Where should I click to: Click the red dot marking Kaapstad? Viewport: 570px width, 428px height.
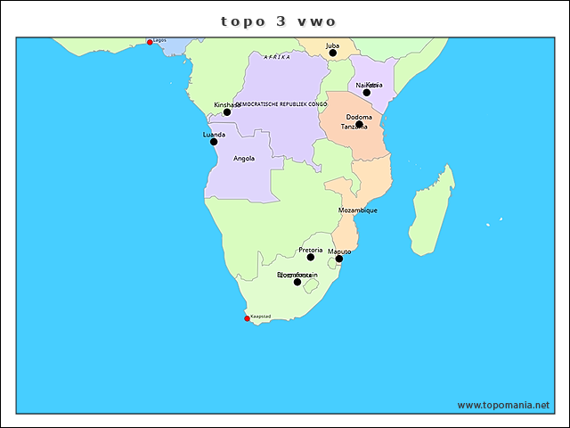tap(248, 318)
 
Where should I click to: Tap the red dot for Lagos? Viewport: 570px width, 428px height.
tap(150, 42)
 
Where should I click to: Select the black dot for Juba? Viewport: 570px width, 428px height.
tap(333, 53)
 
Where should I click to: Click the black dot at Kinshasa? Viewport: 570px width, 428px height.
tap(227, 112)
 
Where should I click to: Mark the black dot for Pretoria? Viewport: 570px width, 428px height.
tap(311, 258)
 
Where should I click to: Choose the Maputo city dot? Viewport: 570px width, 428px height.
tap(339, 259)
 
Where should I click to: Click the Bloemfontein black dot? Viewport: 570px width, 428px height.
tap(297, 282)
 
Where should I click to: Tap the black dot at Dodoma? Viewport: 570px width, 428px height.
tap(359, 125)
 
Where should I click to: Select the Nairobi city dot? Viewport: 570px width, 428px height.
tap(366, 93)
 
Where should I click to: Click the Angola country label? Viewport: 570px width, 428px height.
tap(244, 159)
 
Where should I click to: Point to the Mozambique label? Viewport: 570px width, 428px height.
tap(358, 210)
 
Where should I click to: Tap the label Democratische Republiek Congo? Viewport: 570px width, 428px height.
tap(281, 104)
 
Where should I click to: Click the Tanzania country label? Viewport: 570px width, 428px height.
tap(354, 128)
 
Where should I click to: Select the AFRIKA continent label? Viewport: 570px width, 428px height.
tap(277, 57)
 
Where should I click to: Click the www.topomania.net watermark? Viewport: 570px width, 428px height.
tap(503, 405)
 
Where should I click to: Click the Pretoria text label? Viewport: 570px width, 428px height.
tap(311, 250)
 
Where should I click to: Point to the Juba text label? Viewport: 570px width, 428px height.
tap(332, 45)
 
